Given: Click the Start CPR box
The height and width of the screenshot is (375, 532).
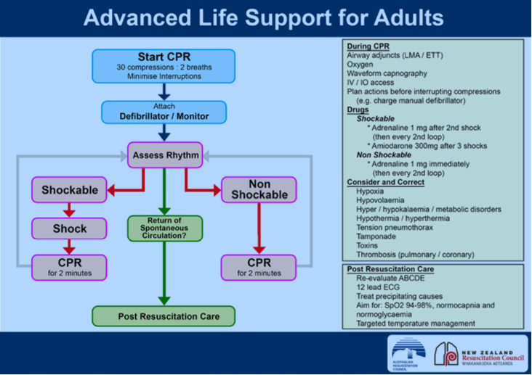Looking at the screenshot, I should pos(164,66).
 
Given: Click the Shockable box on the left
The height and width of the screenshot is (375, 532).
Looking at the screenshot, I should pos(70,190).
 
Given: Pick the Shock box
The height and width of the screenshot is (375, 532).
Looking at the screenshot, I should pos(70,228).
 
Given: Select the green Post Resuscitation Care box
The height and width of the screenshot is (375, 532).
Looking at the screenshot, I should pos(164,316).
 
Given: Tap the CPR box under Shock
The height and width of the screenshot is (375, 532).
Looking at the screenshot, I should pos(70,266).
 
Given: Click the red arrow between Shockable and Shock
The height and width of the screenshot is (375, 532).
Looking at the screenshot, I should pos(70,210).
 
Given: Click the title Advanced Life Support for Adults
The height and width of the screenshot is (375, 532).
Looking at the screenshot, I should pos(265,17).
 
